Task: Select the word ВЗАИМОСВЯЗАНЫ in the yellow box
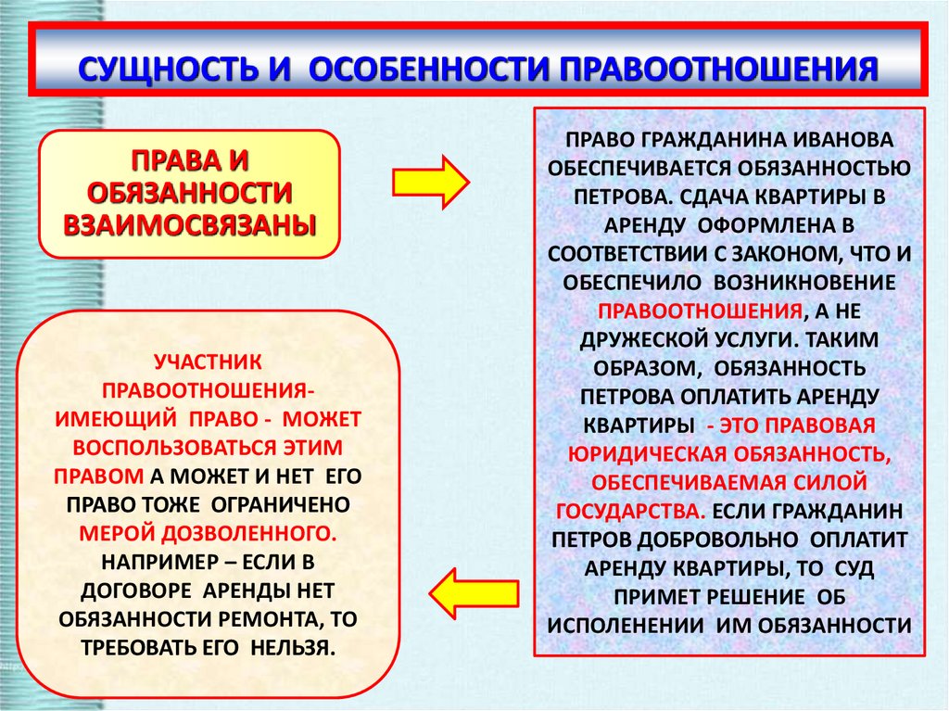click(189, 223)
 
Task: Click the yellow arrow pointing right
click(431, 182)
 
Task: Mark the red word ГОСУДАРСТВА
click(630, 510)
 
